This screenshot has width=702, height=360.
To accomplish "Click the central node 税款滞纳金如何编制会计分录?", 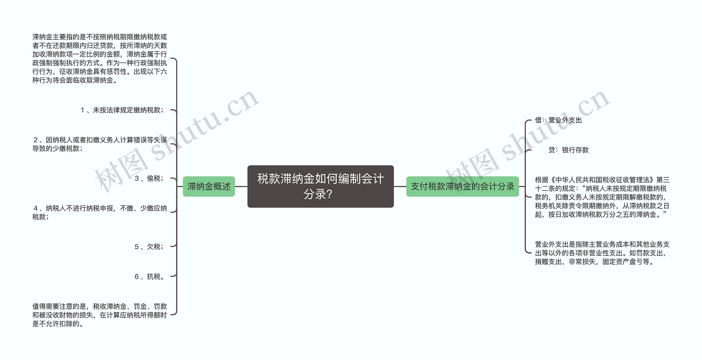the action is coord(320,186).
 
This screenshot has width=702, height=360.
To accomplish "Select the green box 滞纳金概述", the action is coord(209,186).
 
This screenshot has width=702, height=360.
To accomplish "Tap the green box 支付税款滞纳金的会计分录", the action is coord(462,186).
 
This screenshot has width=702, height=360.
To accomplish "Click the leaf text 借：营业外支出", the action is coord(558,120).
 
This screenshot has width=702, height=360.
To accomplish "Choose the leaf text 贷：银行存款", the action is coord(568,150).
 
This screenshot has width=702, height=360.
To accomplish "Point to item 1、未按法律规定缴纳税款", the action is coord(122,110).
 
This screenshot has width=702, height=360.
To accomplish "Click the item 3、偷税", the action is coord(149,178).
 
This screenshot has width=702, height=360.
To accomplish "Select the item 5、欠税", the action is coord(149,247).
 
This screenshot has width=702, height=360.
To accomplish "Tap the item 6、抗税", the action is coord(149,277).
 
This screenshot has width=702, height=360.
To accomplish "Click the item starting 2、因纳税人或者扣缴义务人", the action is coord(100,144).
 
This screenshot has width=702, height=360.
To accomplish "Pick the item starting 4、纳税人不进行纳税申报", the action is coord(100,212).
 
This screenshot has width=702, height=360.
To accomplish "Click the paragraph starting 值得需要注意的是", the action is coord(100,315).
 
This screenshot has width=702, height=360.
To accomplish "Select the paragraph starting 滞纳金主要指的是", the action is coord(100,58).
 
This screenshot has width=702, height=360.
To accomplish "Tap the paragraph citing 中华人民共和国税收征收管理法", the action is coord(602,197).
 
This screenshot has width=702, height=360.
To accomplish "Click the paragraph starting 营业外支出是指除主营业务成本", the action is coord(602,253).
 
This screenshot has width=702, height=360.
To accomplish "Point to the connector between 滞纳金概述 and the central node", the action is coord(241,186).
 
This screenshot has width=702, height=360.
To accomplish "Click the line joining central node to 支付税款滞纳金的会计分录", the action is coord(400,186).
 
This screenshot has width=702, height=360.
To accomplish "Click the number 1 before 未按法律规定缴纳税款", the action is coord(82,110).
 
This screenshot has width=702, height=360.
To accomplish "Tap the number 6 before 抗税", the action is coord(137,277).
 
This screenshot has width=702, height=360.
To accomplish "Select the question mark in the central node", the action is coord(330,194).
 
